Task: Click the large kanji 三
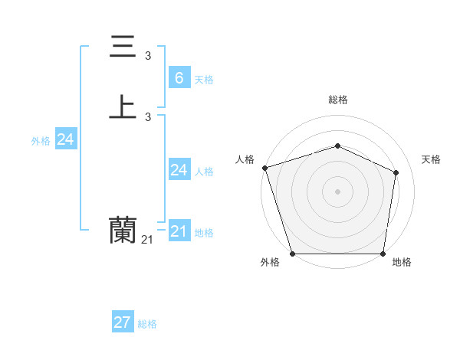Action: pos(123,48)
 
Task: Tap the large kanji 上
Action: pos(123,107)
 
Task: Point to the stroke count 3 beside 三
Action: pos(148,55)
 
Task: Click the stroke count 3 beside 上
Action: pos(148,116)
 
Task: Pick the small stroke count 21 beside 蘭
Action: pos(147,240)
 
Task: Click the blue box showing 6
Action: pos(179,77)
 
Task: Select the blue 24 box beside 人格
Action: pos(179,170)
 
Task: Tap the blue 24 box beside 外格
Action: pos(65,139)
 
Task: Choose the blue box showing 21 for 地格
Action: pos(179,231)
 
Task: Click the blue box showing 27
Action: pos(123,322)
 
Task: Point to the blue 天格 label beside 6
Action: pos(204,80)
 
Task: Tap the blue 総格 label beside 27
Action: pos(147,325)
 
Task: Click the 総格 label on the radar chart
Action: pos(337,100)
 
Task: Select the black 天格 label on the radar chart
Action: pos(431,159)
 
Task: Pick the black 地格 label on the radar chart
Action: pos(402,263)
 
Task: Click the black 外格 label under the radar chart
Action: pos(270,263)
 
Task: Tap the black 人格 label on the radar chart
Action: pos(245,159)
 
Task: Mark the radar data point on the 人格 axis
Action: pos(264,168)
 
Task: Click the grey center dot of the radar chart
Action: pos(337,191)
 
